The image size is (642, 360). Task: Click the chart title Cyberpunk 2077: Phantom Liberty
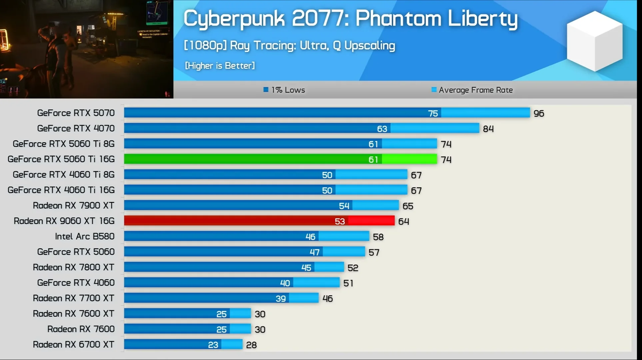pyautogui.click(x=350, y=19)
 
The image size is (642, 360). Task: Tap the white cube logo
pyautogui.click(x=594, y=41)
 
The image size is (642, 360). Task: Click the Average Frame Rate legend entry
pyautogui.click(x=472, y=90)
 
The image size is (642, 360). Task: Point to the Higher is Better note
pyautogui.click(x=220, y=66)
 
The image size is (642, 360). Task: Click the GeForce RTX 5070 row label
pyautogui.click(x=76, y=113)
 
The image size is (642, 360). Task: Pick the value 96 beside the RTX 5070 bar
pyautogui.click(x=539, y=113)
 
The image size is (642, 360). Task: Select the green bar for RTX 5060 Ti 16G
pyautogui.click(x=280, y=159)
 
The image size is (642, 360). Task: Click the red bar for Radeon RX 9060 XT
pyautogui.click(x=259, y=221)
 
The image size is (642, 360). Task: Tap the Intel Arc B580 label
pyautogui.click(x=85, y=236)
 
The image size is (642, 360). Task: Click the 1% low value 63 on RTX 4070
pyautogui.click(x=382, y=129)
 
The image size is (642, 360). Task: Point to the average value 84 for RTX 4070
pyautogui.click(x=488, y=129)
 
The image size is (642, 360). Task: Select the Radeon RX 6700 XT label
pyautogui.click(x=73, y=344)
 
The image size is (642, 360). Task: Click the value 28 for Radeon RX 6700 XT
pyautogui.click(x=251, y=345)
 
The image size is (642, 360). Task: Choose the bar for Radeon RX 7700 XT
pyautogui.click(x=221, y=298)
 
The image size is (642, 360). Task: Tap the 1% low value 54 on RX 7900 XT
pyautogui.click(x=344, y=206)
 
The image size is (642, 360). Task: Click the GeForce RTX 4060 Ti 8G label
pyautogui.click(x=63, y=175)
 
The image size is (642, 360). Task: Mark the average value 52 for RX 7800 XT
pyautogui.click(x=353, y=268)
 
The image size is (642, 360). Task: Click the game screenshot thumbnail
pyautogui.click(x=86, y=49)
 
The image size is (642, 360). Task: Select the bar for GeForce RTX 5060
pyautogui.click(x=244, y=252)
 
